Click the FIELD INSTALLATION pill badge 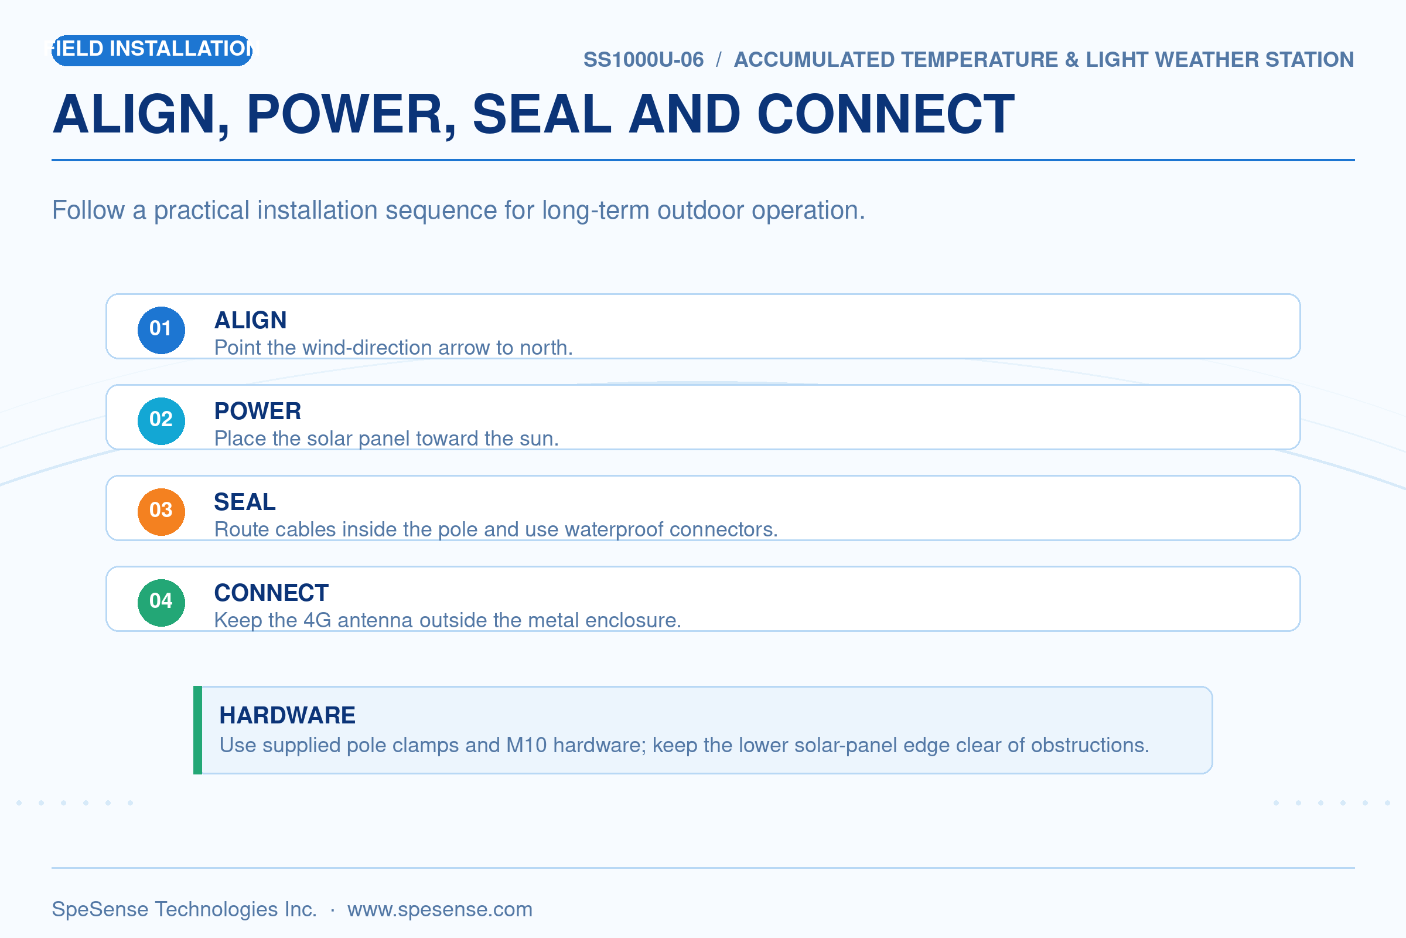tap(152, 50)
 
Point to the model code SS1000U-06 tap(643, 60)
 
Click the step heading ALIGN tap(251, 321)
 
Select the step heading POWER tap(258, 412)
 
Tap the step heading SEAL tap(245, 502)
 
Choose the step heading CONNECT tap(271, 593)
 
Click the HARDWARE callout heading tap(288, 715)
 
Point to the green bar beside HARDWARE tap(198, 730)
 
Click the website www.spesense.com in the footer tap(440, 909)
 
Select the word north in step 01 tap(546, 348)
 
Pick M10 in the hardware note tap(527, 745)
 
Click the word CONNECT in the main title tap(885, 114)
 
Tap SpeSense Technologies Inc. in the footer tap(185, 909)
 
